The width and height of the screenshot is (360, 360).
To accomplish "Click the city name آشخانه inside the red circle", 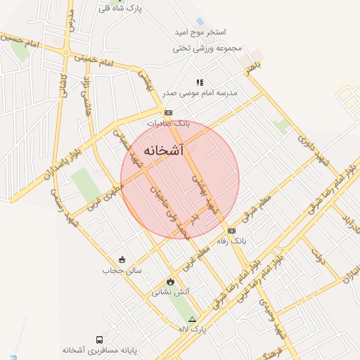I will pyautogui.click(x=163, y=150).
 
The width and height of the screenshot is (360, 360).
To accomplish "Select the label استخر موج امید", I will pyautogui.click(x=200, y=33).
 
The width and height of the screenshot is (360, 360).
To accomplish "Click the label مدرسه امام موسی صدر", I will pyautogui.click(x=207, y=93).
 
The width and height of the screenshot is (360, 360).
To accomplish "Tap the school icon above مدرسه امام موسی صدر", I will pyautogui.click(x=200, y=82).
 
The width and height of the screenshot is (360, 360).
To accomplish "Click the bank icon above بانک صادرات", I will pyautogui.click(x=168, y=112).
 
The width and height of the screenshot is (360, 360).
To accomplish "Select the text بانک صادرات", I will pyautogui.click(x=168, y=123).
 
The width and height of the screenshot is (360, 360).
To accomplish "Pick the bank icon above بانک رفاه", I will pyautogui.click(x=231, y=231).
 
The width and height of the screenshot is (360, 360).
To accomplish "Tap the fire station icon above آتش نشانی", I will pyautogui.click(x=170, y=281).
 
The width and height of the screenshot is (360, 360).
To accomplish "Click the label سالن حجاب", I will pyautogui.click(x=122, y=270).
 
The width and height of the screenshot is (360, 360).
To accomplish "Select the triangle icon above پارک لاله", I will pyautogui.click(x=192, y=319).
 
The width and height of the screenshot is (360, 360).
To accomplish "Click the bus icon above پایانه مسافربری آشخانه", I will pyautogui.click(x=98, y=340).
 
